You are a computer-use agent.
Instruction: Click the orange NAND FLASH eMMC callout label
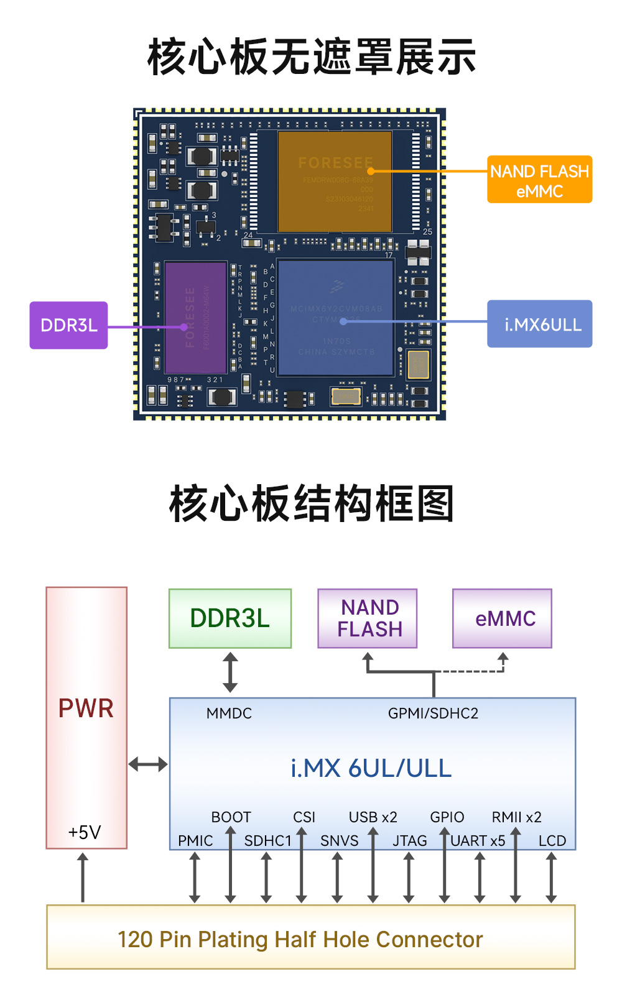pyautogui.click(x=539, y=180)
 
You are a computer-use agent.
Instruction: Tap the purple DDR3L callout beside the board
pyautogui.click(x=68, y=325)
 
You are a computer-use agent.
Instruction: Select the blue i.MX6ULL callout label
pyautogui.click(x=539, y=324)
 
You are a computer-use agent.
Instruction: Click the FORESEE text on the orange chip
pyautogui.click(x=335, y=163)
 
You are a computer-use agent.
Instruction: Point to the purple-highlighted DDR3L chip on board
pyautogui.click(x=195, y=317)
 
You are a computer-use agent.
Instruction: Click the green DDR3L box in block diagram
pyautogui.click(x=230, y=618)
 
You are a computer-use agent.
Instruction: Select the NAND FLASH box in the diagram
pyautogui.click(x=368, y=618)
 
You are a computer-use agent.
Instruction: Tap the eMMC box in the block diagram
pyautogui.click(x=503, y=618)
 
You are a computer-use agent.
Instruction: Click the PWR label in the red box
pyautogui.click(x=86, y=709)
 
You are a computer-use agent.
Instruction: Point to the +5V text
pyautogui.click(x=85, y=832)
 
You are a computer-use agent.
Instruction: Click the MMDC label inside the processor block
pyautogui.click(x=229, y=713)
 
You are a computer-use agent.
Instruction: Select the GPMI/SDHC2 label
pyautogui.click(x=433, y=713)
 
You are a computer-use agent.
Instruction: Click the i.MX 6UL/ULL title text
pyautogui.click(x=371, y=768)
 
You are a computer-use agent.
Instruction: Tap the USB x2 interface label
pyautogui.click(x=373, y=817)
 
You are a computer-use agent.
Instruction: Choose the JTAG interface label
pyautogui.click(x=410, y=841)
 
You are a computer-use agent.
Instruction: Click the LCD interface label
pyautogui.click(x=552, y=841)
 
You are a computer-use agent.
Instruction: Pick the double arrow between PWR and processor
pyautogui.click(x=148, y=764)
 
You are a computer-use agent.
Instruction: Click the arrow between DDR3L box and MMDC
pyautogui.click(x=230, y=672)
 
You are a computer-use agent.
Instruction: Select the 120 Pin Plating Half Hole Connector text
pyautogui.click(x=300, y=939)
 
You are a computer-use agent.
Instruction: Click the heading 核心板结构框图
pyautogui.click(x=311, y=503)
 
